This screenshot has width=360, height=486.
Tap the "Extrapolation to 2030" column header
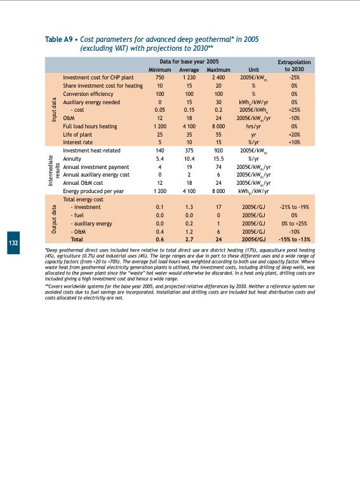(294, 65)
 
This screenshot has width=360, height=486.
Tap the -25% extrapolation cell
(294, 78)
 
